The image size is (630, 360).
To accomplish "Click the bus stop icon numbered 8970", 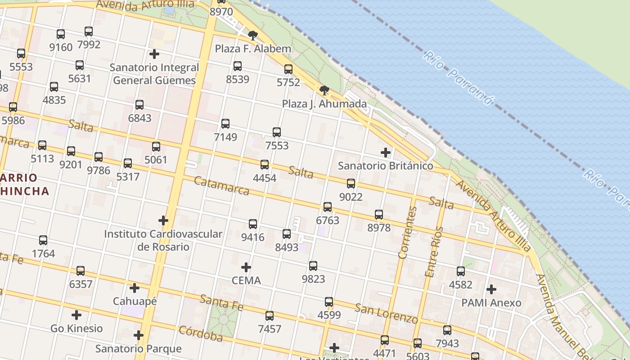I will tap(221, 1).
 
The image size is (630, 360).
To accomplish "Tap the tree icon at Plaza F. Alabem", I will tap(253, 36).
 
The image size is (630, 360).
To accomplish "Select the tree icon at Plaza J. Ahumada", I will tap(324, 90).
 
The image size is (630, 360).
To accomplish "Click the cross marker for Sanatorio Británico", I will tap(386, 153).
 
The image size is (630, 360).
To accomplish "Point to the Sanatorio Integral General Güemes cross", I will tap(154, 54).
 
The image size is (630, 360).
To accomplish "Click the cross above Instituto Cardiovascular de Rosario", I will tap(163, 220).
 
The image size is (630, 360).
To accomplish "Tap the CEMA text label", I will tap(246, 280).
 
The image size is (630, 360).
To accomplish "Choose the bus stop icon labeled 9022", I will tap(351, 184).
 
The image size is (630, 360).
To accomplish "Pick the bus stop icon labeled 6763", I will tap(328, 207).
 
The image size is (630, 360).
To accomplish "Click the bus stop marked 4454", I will tap(265, 165).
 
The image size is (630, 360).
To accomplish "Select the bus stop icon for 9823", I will tap(313, 266).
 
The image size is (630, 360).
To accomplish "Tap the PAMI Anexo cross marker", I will tap(491, 289).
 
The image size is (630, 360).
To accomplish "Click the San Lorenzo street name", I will tap(386, 313).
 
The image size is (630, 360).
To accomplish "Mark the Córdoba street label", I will tap(201, 333).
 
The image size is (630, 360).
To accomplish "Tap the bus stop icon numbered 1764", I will tap(43, 240).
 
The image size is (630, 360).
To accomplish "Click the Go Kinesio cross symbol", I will tap(76, 315).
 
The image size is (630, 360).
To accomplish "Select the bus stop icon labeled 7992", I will tap(89, 31).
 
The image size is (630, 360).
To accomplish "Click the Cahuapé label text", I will tap(135, 301).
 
